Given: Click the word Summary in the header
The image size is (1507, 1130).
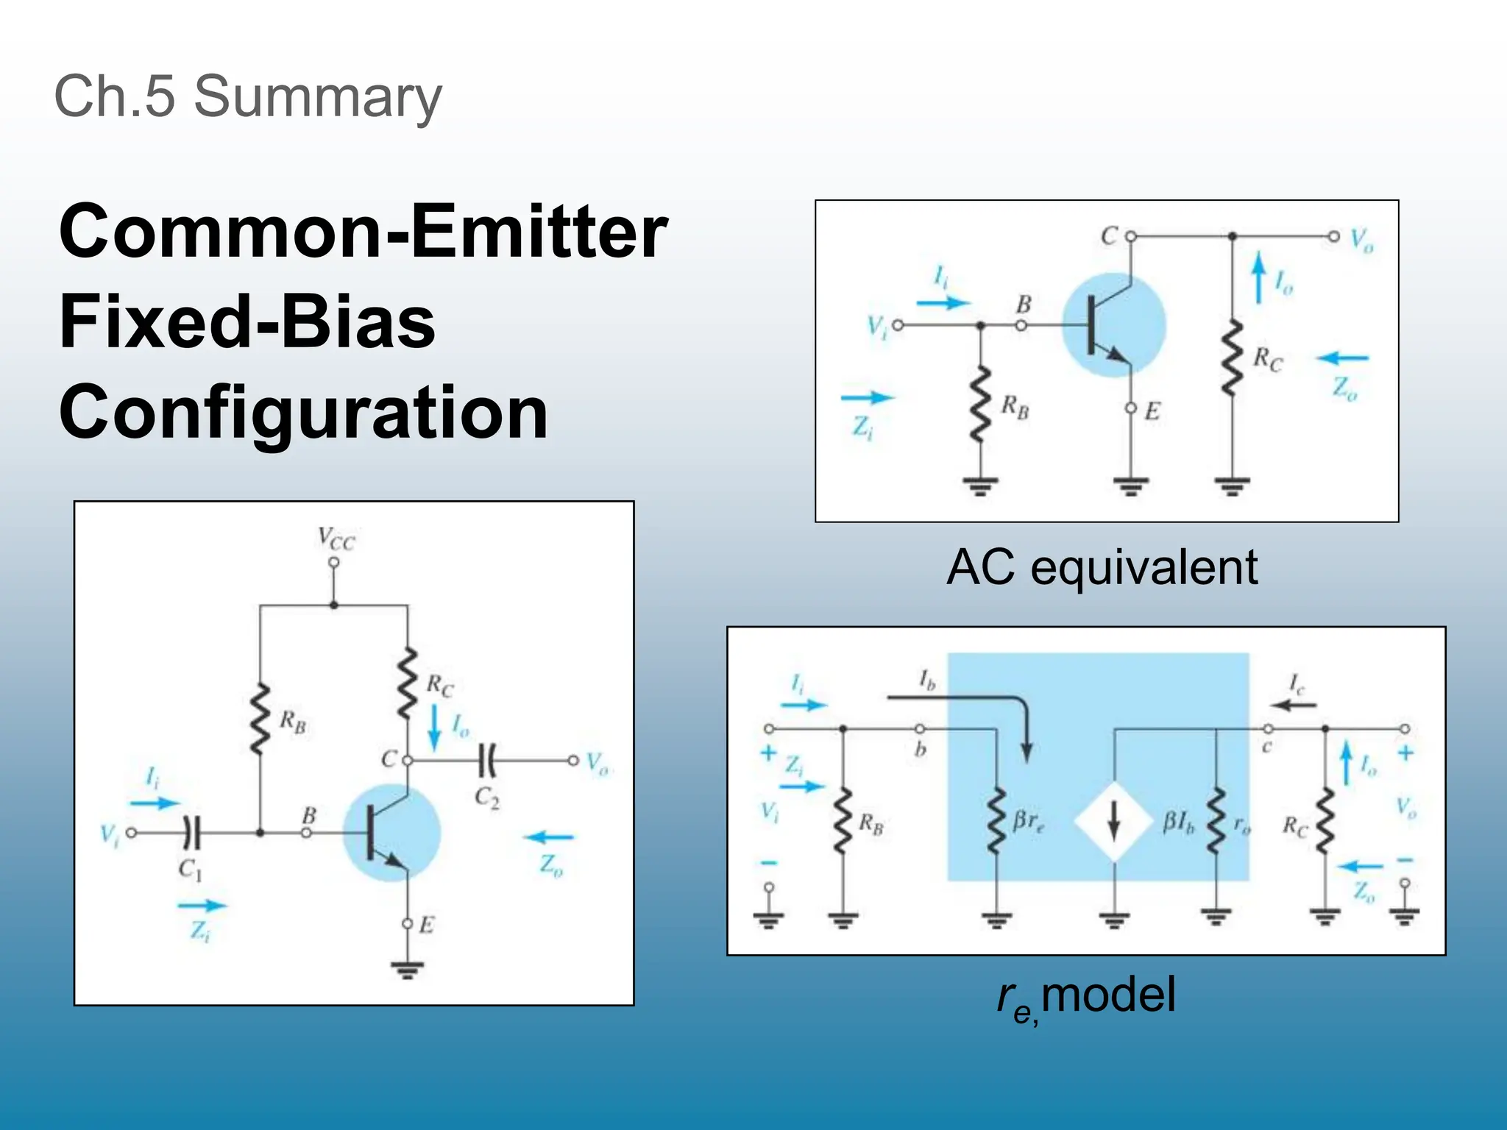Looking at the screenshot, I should pyautogui.click(x=318, y=97).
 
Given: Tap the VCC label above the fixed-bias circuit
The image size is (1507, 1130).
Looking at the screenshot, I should pyautogui.click(x=336, y=539).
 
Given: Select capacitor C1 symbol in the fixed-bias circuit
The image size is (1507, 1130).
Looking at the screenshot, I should pyautogui.click(x=191, y=833).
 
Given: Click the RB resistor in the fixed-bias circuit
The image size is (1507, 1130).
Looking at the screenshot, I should pyautogui.click(x=260, y=719).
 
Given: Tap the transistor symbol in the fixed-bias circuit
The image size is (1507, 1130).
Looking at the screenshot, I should pyautogui.click(x=391, y=833).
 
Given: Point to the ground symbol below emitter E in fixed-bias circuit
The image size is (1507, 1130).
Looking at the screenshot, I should pyautogui.click(x=407, y=970).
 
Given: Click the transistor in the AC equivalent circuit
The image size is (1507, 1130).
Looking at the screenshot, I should pyautogui.click(x=1113, y=325).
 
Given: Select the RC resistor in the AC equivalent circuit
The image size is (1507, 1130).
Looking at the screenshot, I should pyautogui.click(x=1232, y=358).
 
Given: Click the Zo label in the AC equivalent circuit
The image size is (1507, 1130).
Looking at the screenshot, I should pyautogui.click(x=1345, y=388).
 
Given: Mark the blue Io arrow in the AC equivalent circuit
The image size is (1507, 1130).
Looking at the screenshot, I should pyautogui.click(x=1259, y=277).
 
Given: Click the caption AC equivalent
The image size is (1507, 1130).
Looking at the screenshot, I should pyautogui.click(x=1102, y=568).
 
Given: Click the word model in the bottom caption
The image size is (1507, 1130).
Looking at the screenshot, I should pyautogui.click(x=1108, y=995).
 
